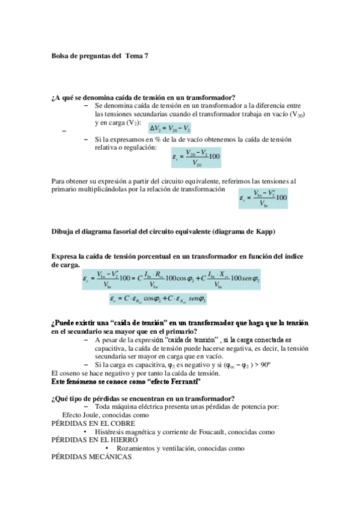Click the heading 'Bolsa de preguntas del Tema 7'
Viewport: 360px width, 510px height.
99,56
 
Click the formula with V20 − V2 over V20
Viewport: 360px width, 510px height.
196,157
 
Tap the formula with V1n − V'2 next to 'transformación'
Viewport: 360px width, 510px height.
263,197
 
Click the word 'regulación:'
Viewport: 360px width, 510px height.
139,147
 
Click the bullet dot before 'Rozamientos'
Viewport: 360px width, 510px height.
106,448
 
